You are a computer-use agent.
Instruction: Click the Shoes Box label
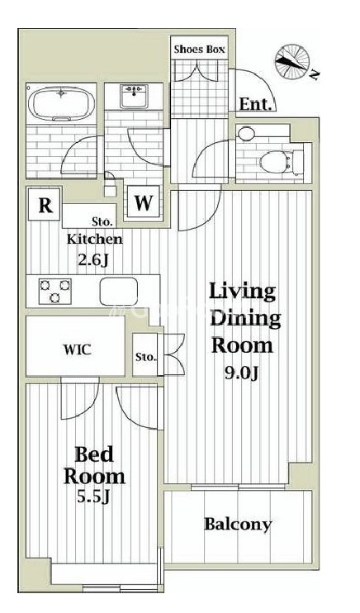pos(199,50)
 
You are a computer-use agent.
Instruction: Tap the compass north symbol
pos(292,62)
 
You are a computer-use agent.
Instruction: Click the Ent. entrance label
pos(255,104)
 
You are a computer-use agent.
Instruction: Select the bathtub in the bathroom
pos(62,103)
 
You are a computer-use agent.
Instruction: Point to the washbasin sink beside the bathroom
pos(134,96)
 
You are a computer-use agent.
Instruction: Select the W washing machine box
pos(143,202)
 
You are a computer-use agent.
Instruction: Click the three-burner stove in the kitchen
pos(55,291)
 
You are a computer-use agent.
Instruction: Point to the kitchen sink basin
pos(118,292)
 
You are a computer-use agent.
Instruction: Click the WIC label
pos(78,349)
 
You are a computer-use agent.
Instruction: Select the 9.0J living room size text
pos(241,373)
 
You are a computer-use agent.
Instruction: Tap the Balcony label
pos(238,525)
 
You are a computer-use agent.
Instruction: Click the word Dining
pos(245,320)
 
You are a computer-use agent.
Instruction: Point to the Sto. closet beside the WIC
pos(145,355)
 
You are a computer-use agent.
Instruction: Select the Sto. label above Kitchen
pos(102,222)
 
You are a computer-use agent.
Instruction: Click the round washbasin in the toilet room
pos(246,134)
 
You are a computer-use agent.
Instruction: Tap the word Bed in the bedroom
pos(94,454)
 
